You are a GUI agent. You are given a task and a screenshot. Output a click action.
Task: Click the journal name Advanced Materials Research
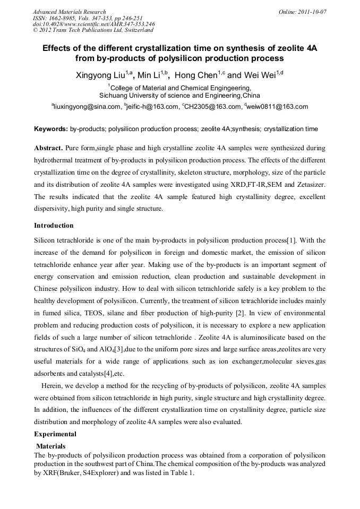(69, 12)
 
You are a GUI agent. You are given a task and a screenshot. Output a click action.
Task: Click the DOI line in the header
(93, 24)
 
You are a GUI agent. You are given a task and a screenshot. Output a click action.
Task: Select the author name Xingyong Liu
(101, 76)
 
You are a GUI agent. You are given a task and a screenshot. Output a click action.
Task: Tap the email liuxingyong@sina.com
(88, 107)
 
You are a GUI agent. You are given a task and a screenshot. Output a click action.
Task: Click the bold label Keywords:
(51, 129)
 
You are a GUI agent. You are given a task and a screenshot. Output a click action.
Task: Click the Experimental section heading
(55, 434)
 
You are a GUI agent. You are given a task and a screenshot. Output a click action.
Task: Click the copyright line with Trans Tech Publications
(93, 30)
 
